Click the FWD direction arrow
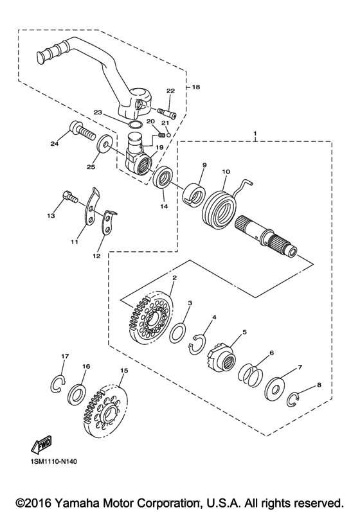[x=42, y=444]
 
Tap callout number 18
[x=195, y=87]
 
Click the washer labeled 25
[x=105, y=143]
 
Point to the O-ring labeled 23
[x=135, y=125]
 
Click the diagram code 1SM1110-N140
[x=54, y=462]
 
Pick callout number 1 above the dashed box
[x=255, y=133]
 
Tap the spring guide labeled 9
[x=194, y=195]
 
